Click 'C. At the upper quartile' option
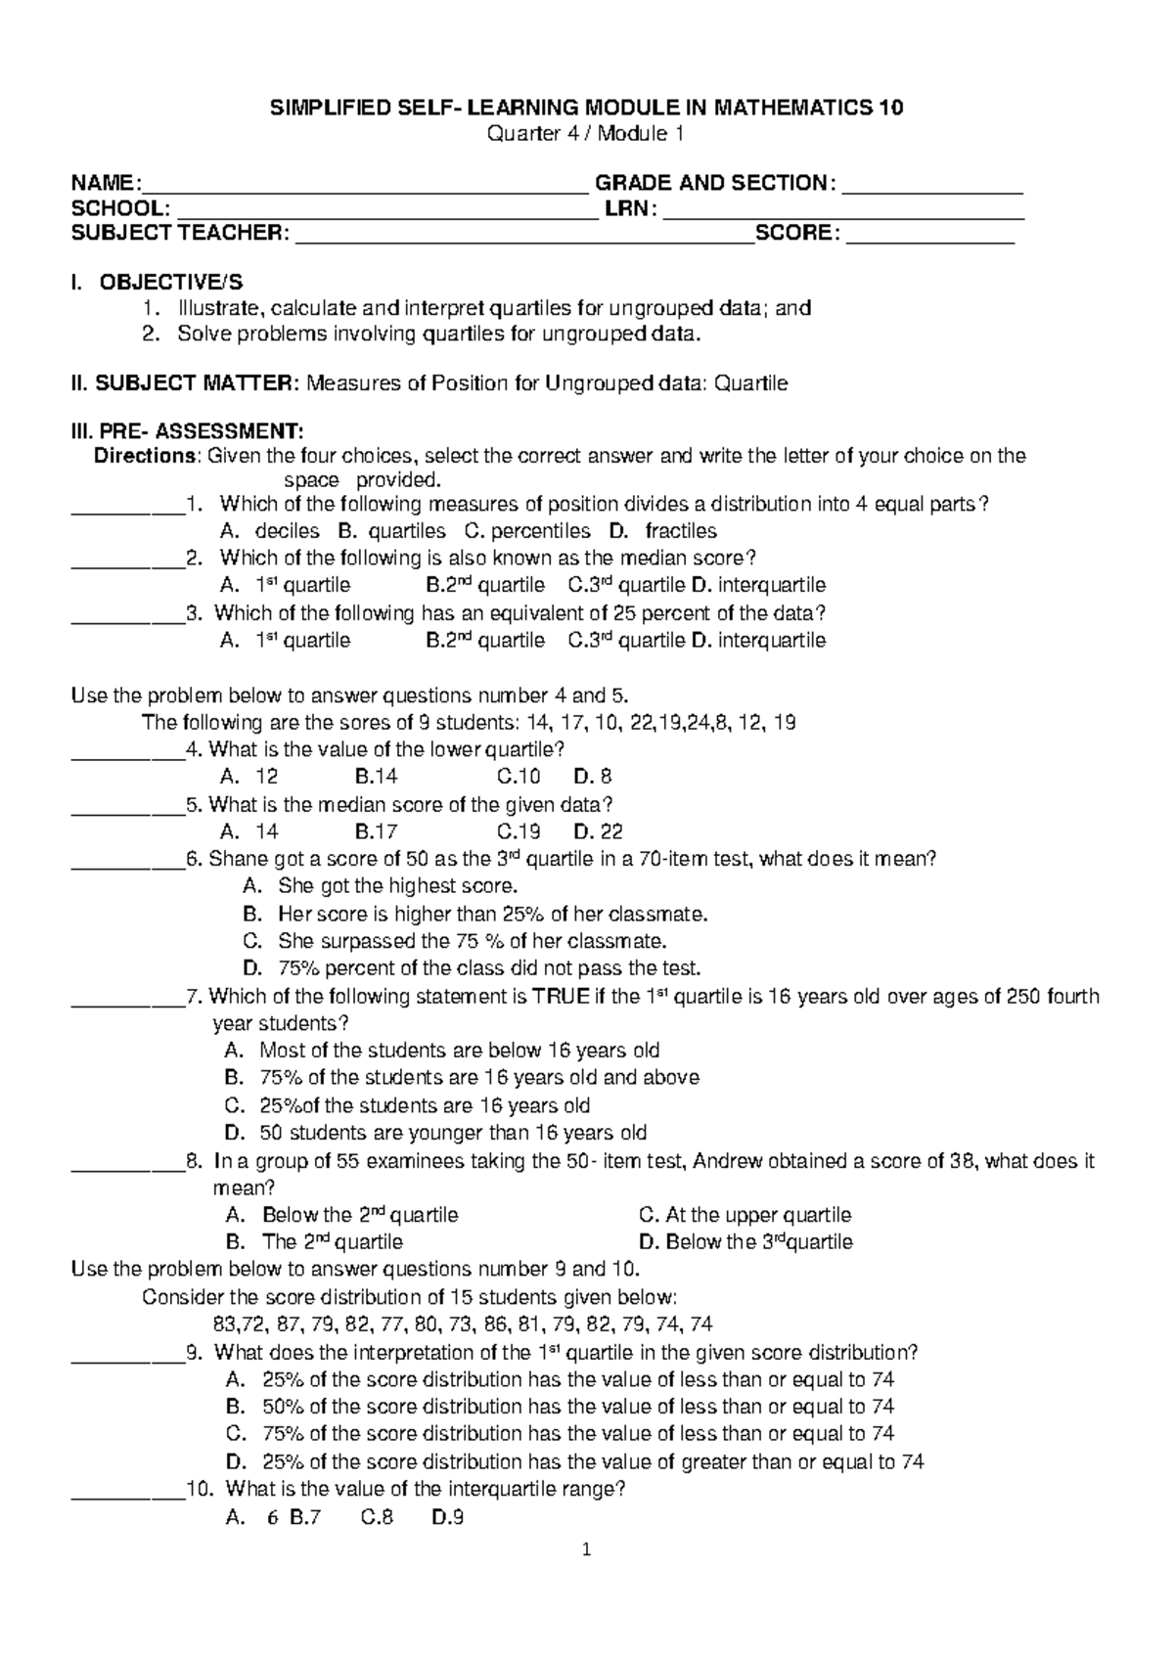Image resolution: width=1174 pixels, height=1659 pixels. (745, 1215)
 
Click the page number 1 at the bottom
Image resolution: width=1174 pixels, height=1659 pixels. (586, 1549)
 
